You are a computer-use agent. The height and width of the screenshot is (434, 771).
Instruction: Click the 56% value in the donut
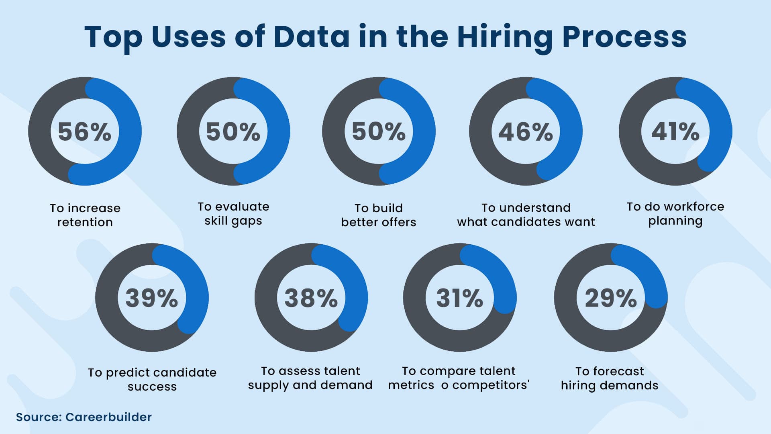[x=84, y=132]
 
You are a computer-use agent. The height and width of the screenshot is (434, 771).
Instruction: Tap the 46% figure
[x=525, y=132]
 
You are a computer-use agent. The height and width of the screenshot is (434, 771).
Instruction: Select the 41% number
[x=675, y=132]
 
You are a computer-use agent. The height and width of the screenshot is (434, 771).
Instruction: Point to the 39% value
[x=151, y=298]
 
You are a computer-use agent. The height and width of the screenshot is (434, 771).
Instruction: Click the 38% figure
[x=311, y=298]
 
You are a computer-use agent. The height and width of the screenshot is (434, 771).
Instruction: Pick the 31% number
[x=459, y=298]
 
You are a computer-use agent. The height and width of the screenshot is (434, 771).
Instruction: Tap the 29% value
[x=610, y=298]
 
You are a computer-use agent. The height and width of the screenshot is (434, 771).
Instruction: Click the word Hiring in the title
[x=505, y=37]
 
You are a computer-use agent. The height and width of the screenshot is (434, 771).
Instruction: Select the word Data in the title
[x=311, y=37]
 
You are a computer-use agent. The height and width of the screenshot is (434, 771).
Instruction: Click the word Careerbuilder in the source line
[x=108, y=417]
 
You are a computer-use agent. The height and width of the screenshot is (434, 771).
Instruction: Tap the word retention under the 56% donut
[x=85, y=222]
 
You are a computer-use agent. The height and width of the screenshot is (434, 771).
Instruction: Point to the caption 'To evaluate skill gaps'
[x=233, y=214]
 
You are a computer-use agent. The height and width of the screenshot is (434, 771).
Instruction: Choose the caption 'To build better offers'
[x=378, y=215]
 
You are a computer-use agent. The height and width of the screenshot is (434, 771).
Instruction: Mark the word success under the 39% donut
[x=152, y=387]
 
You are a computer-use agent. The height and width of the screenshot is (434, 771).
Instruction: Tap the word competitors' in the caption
[x=491, y=385]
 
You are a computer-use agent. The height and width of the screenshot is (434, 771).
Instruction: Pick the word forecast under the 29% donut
[x=618, y=371]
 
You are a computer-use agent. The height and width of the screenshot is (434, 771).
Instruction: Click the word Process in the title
[x=624, y=37]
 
